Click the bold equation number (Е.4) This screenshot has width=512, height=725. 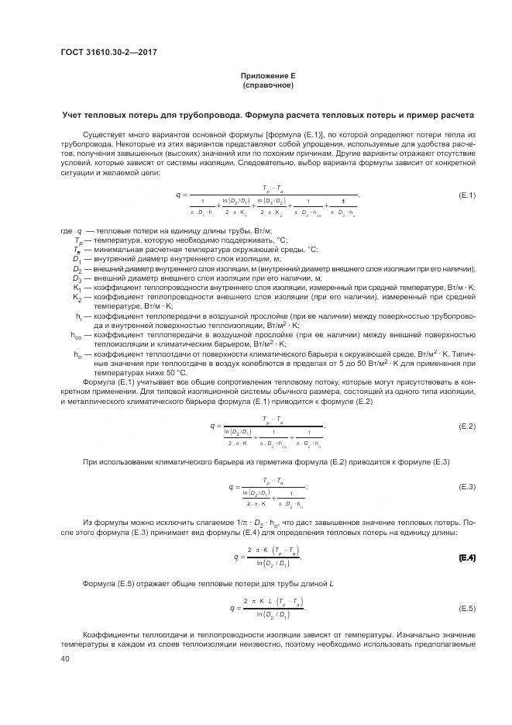(466, 558)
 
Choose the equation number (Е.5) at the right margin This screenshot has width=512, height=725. (466, 607)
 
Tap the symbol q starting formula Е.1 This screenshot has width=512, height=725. (177, 195)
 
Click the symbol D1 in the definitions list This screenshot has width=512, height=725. (77, 258)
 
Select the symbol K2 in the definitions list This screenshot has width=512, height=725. (77, 297)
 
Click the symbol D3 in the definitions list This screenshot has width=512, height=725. (77, 278)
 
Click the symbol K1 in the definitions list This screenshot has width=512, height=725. (77, 287)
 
